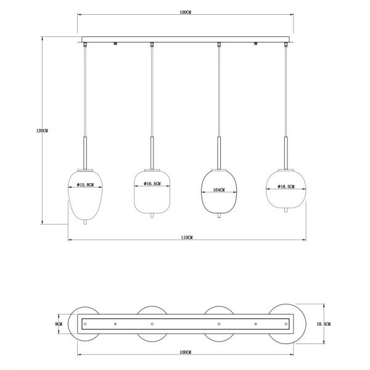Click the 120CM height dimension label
[x=42, y=131]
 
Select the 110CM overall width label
[x=187, y=237]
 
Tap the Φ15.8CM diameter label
[x=86, y=185]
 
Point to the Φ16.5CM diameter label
[x=152, y=184]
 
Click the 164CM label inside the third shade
[x=219, y=190]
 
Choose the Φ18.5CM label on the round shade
[x=286, y=187]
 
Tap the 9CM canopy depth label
[x=59, y=324]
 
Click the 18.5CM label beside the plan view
[x=324, y=324]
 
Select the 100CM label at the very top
[x=185, y=12]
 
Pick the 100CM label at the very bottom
[x=185, y=352]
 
